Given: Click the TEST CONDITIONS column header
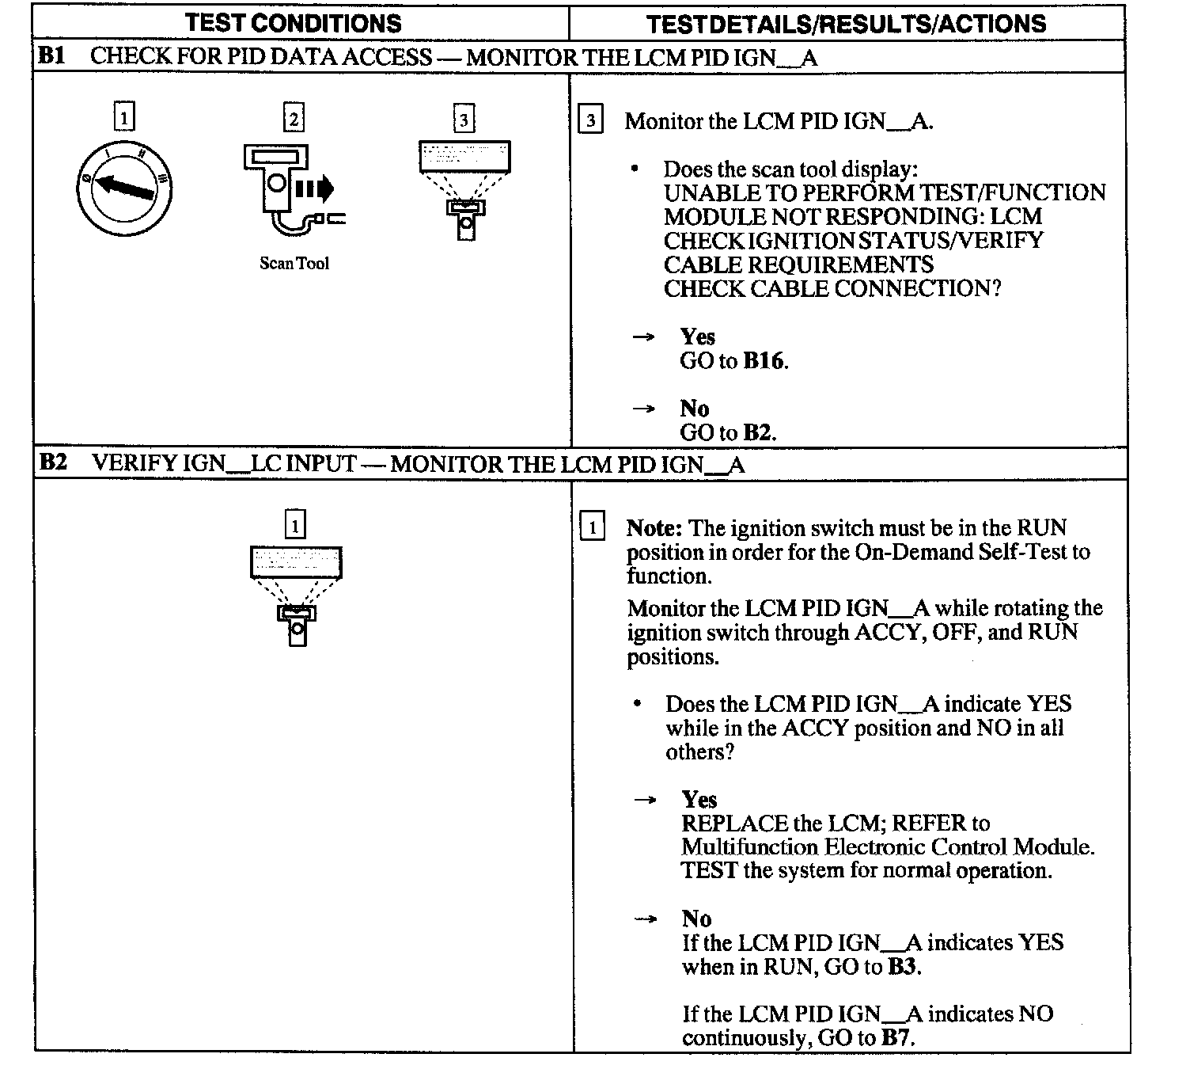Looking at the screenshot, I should pyautogui.click(x=294, y=23).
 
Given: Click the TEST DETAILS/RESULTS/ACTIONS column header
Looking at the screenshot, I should pyautogui.click(x=846, y=24).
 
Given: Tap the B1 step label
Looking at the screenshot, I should pyautogui.click(x=52, y=56).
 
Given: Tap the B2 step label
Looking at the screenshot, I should pyautogui.click(x=53, y=462).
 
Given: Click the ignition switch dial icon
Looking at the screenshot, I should pyautogui.click(x=125, y=189).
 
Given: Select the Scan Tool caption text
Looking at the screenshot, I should pyautogui.click(x=294, y=264).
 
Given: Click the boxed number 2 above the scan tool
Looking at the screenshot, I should pyautogui.click(x=294, y=119).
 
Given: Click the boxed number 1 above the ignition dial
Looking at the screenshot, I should pyautogui.click(x=124, y=118).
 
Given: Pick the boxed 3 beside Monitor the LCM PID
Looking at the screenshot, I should pyautogui.click(x=591, y=121).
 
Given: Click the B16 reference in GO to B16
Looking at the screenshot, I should pyautogui.click(x=764, y=361).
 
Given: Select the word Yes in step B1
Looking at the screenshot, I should pyautogui.click(x=697, y=337).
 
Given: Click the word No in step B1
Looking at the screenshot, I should pyautogui.click(x=694, y=409).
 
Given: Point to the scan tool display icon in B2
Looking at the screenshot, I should pyautogui.click(x=296, y=595).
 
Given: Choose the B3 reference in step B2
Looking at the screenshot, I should pyautogui.click(x=903, y=967).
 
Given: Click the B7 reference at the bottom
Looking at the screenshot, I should pyautogui.click(x=896, y=1038).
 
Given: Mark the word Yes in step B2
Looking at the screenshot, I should pyautogui.click(x=699, y=800).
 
